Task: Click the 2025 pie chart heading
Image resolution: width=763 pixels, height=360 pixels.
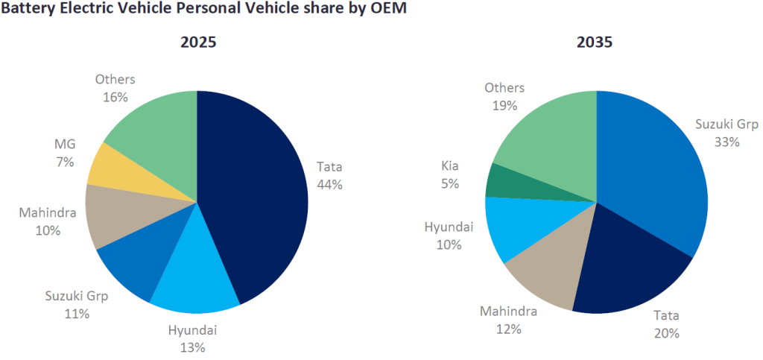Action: point(198,42)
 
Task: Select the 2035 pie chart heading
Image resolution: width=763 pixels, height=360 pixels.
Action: point(595,42)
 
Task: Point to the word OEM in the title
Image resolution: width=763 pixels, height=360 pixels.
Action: point(387,11)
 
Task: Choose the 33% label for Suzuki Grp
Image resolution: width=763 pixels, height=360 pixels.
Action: point(725,141)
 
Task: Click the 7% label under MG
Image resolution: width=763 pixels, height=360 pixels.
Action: point(65,161)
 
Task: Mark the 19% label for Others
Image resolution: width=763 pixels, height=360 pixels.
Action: point(504,105)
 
